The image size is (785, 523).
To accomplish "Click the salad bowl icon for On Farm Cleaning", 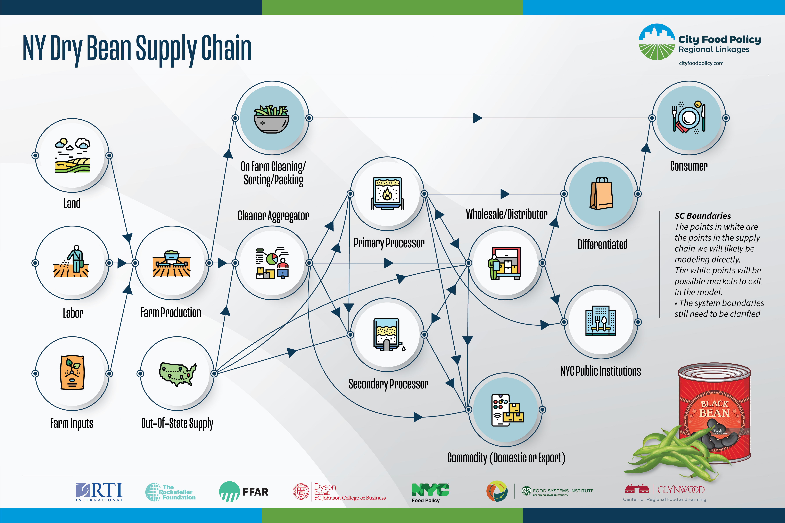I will [272, 118].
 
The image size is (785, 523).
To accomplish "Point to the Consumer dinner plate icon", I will [688, 118].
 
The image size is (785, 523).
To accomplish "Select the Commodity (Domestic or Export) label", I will [506, 458].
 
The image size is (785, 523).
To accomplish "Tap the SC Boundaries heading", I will [703, 216].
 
